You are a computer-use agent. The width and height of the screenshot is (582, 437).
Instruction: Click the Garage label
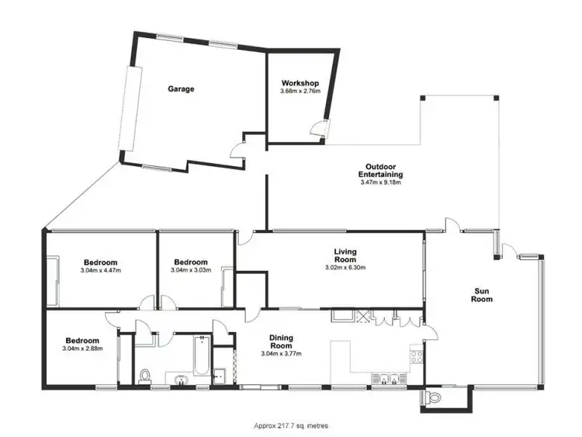(181, 89)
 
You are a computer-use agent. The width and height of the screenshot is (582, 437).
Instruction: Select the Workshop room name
(300, 83)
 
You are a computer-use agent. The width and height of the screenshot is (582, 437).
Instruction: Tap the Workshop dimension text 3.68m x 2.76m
(300, 92)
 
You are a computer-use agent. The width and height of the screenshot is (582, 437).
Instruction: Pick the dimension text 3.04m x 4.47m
(101, 271)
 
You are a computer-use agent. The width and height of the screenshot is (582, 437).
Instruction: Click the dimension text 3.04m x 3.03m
(191, 271)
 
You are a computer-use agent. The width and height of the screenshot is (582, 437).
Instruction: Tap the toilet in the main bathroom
(144, 376)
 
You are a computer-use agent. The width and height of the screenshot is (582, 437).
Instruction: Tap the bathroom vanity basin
(181, 380)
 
